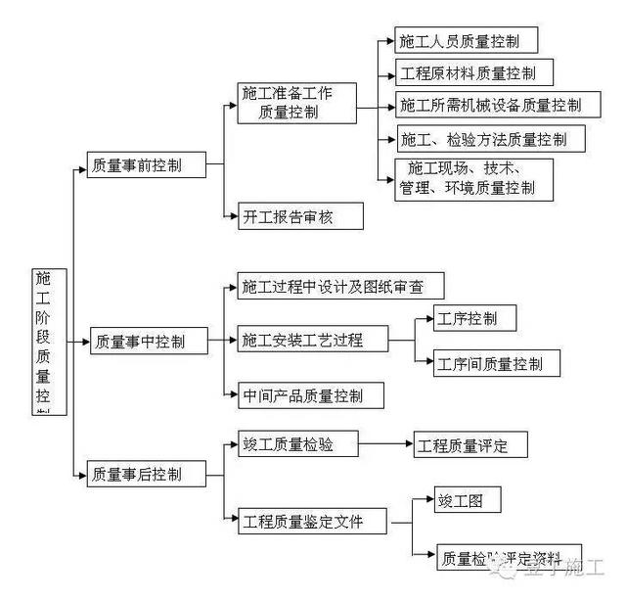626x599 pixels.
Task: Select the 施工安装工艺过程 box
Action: [312, 341]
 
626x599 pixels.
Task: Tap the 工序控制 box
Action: [474, 318]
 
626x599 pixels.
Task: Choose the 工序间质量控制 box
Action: [498, 365]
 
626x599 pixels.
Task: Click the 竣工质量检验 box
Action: [293, 445]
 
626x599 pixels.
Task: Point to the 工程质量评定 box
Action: [470, 446]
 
